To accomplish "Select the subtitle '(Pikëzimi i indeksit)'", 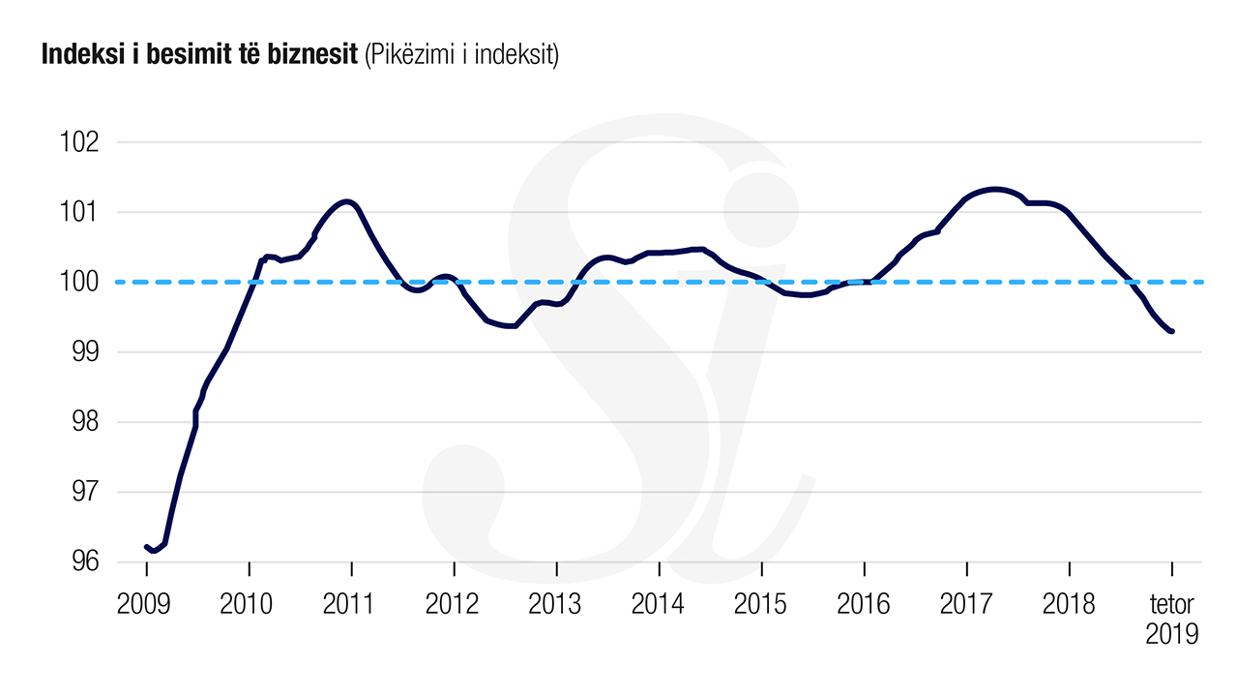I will [x=461, y=56].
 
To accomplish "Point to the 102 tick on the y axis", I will [x=80, y=142].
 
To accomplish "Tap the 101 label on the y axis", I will [x=80, y=212].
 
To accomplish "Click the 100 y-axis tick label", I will [x=80, y=283].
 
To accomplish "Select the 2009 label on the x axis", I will [x=144, y=605].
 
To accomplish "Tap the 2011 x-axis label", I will [x=350, y=605].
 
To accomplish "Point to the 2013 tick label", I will [x=555, y=605].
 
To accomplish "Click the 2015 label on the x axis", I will [x=761, y=605].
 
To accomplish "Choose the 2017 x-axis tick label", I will [x=966, y=605].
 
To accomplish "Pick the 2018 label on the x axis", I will [x=1069, y=605].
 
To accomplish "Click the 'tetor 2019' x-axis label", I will [x=1171, y=620].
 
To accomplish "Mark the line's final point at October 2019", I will [x=1172, y=331].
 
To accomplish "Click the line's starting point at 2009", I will [x=146, y=547].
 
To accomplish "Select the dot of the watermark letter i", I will [x=762, y=205].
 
